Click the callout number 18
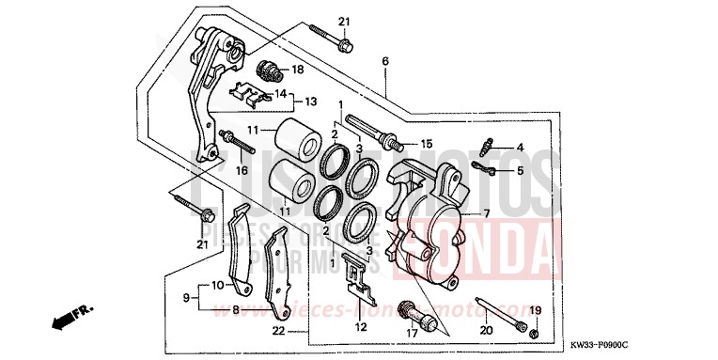pyautogui.click(x=298, y=70)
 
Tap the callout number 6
pyautogui.click(x=384, y=61)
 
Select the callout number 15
pyautogui.click(x=426, y=144)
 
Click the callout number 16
pyautogui.click(x=241, y=171)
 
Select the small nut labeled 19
pyautogui.click(x=534, y=334)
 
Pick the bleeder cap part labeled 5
pyautogui.click(x=482, y=168)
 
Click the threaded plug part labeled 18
pyautogui.click(x=271, y=70)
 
